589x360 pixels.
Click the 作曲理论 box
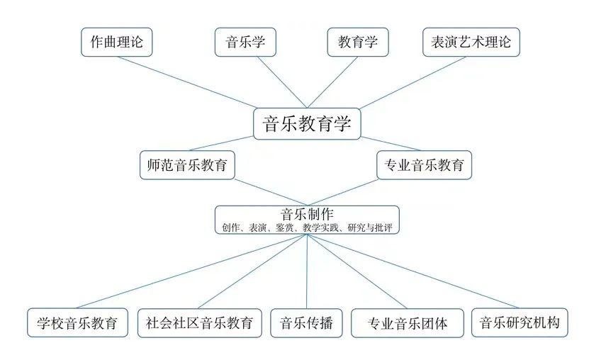pos(116,42)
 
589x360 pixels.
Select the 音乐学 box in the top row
pos(245,42)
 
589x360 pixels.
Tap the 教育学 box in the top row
pos(358,42)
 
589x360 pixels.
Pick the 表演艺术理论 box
pos(471,42)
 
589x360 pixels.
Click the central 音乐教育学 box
pos(307,124)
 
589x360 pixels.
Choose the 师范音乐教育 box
pos(187,165)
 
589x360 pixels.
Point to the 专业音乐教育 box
pos(424,165)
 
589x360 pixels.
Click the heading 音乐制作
pos(307,214)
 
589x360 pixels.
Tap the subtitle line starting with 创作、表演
pos(307,227)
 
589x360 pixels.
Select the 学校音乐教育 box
pos(77,323)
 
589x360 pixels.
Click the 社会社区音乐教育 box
pos(199,323)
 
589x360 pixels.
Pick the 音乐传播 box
pos(306,323)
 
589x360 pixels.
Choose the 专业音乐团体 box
pos(407,323)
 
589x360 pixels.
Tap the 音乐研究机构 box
pos(520,323)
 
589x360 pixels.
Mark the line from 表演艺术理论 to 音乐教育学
pos(413,83)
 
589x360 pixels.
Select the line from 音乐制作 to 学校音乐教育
pos(191,271)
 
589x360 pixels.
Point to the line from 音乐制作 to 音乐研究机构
pos(413,271)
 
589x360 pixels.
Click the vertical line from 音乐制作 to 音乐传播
pos(307,271)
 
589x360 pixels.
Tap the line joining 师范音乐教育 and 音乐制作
pos(271,193)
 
